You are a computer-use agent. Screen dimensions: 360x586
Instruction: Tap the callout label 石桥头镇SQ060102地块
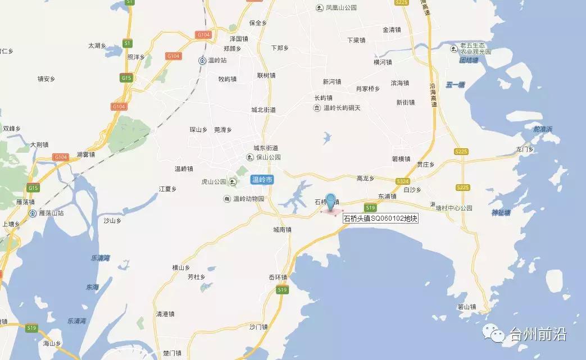click(380, 218)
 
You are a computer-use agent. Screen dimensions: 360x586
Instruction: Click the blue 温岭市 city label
click(262, 180)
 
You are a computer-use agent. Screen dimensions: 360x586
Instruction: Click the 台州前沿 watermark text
click(538, 335)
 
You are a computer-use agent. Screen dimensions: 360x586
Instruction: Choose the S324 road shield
click(402, 181)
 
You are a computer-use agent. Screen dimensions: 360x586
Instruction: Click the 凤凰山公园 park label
click(337, 8)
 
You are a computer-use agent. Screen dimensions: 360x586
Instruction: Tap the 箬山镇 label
click(467, 307)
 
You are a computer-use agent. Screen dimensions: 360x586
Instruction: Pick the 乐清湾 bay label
click(101, 258)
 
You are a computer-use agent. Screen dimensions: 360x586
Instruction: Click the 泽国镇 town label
click(239, 39)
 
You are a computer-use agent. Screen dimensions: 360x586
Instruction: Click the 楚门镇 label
click(172, 353)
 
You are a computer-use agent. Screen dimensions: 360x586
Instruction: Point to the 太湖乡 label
click(97, 46)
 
